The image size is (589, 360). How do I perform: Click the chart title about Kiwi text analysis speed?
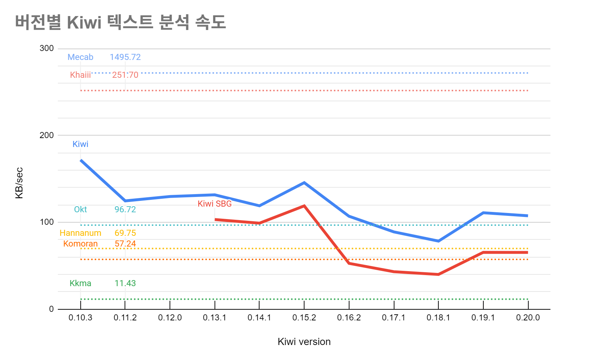[120, 22]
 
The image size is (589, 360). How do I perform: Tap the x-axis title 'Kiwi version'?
[304, 342]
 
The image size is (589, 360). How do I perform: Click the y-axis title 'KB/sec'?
[19, 183]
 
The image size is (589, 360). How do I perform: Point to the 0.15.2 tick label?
[304, 318]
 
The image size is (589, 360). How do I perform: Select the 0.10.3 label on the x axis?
[80, 318]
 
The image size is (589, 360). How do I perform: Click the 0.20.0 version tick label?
[528, 318]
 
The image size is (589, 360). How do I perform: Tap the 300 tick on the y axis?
[47, 49]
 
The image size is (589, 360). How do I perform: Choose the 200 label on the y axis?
[47, 135]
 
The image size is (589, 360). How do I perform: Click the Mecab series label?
[80, 57]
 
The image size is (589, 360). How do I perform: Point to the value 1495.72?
[125, 57]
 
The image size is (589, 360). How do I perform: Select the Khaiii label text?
[80, 75]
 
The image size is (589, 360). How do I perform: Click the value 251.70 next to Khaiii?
[125, 75]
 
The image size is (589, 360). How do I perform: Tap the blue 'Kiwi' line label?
[80, 144]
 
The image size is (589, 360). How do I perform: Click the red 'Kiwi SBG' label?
[215, 204]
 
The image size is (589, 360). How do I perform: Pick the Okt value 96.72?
[125, 209]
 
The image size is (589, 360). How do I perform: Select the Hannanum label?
[80, 233]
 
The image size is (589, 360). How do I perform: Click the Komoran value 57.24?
[125, 244]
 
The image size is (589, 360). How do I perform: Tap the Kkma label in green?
[80, 283]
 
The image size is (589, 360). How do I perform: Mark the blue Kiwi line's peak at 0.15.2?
[304, 183]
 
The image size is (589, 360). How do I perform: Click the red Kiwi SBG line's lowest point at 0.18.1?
[438, 274]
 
